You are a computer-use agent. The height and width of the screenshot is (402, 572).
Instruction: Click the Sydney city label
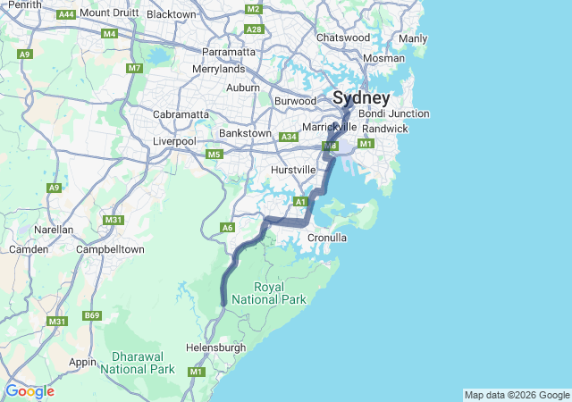(361, 98)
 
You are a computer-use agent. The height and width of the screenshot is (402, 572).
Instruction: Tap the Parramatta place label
(230, 52)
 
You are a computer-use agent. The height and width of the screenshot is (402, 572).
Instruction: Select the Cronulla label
(326, 239)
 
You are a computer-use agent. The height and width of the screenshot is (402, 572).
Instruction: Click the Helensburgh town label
(214, 347)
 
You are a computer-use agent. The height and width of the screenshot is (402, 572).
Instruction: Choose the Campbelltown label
(110, 249)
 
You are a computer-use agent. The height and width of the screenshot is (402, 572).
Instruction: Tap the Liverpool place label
(174, 141)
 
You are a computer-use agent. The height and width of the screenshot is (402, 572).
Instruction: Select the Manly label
(413, 38)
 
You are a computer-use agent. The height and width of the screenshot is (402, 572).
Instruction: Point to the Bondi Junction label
(394, 113)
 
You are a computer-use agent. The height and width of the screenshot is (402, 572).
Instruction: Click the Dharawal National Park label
(137, 362)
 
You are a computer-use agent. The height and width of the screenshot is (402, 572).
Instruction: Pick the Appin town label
(82, 362)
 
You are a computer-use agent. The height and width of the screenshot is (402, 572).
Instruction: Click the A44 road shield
(65, 14)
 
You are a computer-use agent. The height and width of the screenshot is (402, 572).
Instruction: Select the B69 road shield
(92, 315)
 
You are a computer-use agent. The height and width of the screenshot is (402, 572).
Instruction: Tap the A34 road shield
(288, 137)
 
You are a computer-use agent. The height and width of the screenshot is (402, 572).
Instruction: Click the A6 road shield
(228, 228)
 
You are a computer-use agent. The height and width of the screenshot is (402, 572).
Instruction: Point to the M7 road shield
(135, 68)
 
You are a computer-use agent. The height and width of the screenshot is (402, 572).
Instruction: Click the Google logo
(29, 391)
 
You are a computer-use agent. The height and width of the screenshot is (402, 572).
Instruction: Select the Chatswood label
(343, 38)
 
